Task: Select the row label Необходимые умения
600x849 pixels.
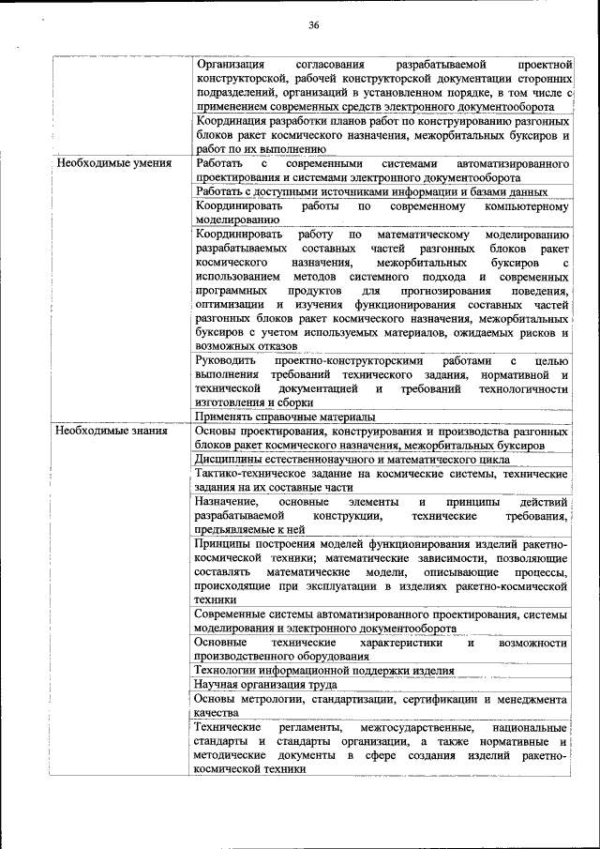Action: [x=113, y=163]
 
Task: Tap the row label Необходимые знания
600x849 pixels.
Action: [x=112, y=432]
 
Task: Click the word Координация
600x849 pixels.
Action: [x=233, y=122]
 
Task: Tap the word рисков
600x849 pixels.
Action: [x=538, y=332]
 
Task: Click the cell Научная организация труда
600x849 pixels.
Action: [x=255, y=685]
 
